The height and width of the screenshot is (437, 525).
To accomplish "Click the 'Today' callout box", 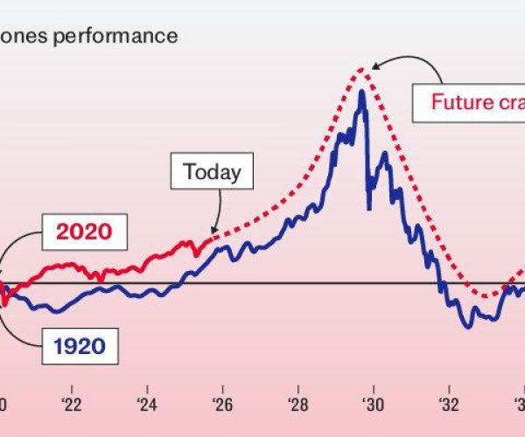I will click(213, 172).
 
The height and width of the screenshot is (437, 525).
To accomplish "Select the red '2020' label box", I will click(85, 232).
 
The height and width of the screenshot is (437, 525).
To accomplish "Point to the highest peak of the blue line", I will click(360, 90).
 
